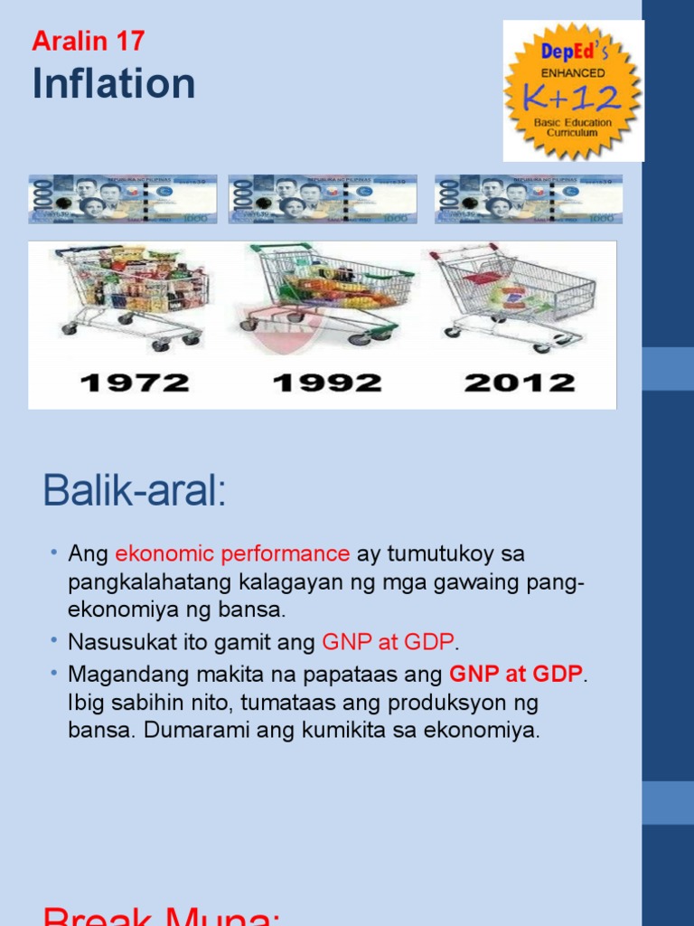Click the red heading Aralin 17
pyautogui.click(x=88, y=41)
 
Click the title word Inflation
pyautogui.click(x=114, y=84)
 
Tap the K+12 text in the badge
pyautogui.click(x=573, y=96)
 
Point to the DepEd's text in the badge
pyautogui.click(x=572, y=53)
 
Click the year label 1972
pyautogui.click(x=135, y=383)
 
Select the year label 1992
pyautogui.click(x=326, y=383)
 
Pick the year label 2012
pyautogui.click(x=520, y=383)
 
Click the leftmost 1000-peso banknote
pyautogui.click(x=123, y=199)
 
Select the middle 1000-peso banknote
pyautogui.click(x=323, y=199)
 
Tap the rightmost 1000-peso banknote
pyautogui.click(x=529, y=199)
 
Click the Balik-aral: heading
pyautogui.click(x=134, y=493)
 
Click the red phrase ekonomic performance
pyautogui.click(x=232, y=553)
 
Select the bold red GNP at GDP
pyautogui.click(x=516, y=674)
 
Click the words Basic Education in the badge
pyautogui.click(x=572, y=122)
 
